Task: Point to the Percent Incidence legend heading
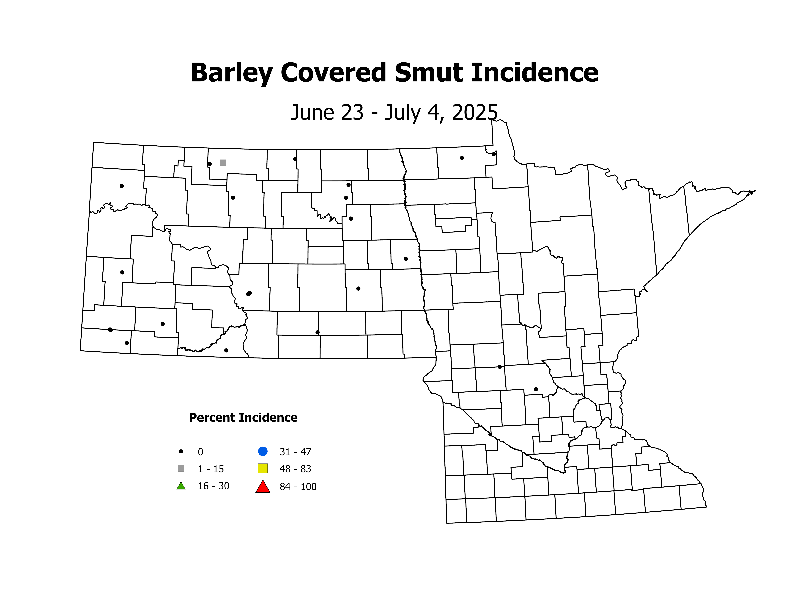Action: point(243,418)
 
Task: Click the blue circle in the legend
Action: point(263,451)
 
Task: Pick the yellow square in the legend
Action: point(263,468)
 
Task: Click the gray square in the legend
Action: point(181,468)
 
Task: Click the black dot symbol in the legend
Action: point(181,451)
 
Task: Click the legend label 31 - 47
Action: point(295,452)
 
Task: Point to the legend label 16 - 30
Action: point(214,486)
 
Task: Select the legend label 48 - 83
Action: point(295,469)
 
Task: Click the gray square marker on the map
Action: point(223,163)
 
